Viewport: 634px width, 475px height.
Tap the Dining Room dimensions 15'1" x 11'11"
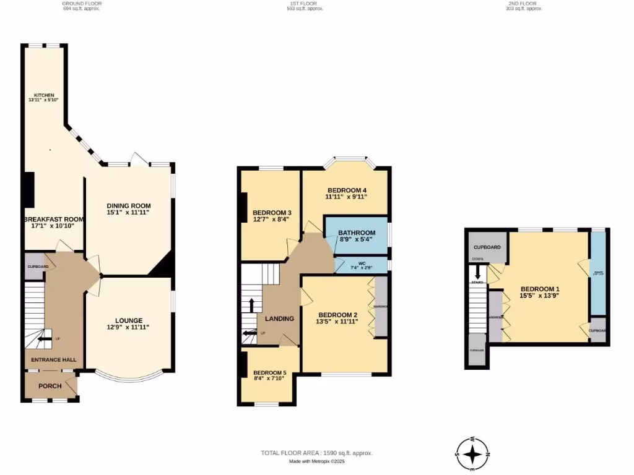[129, 212]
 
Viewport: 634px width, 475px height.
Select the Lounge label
[129, 320]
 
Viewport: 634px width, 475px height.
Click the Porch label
[50, 386]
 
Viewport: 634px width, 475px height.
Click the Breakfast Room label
[53, 220]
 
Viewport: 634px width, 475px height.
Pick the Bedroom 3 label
[272, 213]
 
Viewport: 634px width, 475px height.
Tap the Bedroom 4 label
[347, 190]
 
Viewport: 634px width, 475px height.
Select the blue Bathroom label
[357, 233]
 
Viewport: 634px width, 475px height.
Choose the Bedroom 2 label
[337, 314]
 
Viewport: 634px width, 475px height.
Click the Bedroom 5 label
[269, 372]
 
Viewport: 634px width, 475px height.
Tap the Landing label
[279, 319]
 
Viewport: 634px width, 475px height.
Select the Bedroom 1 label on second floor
[540, 289]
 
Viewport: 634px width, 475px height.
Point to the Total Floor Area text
[316, 453]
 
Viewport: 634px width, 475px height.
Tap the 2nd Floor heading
[524, 3]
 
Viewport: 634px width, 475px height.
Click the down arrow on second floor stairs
[477, 272]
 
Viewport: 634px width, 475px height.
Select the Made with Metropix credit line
[316, 461]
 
